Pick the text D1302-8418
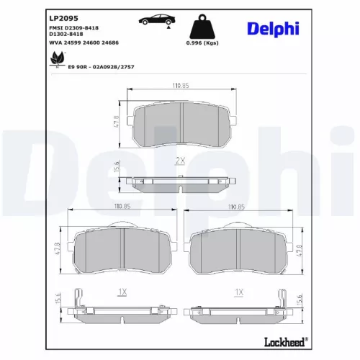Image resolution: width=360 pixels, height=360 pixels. (66, 33)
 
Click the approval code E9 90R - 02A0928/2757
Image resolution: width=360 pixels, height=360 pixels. (102, 66)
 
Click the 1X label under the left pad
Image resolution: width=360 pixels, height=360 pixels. (122, 292)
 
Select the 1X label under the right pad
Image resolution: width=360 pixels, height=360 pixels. (238, 292)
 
